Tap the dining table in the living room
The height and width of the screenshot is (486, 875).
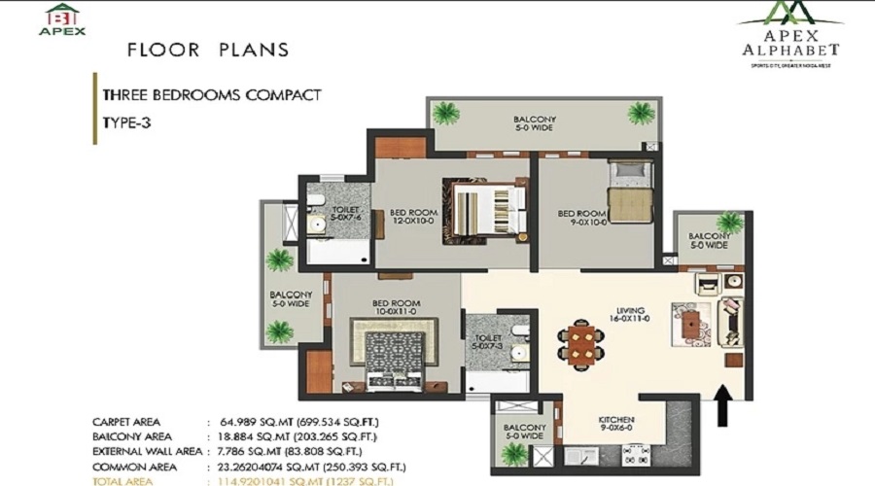click(x=581, y=342)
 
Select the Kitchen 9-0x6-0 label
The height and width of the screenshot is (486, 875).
click(x=617, y=425)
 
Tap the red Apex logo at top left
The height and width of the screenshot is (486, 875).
click(x=61, y=18)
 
